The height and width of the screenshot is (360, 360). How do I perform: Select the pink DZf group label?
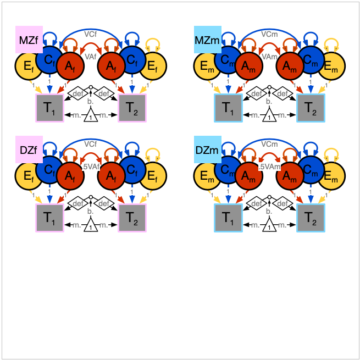pyautogui.click(x=29, y=149)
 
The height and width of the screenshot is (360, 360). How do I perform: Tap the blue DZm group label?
pyautogui.click(x=207, y=149)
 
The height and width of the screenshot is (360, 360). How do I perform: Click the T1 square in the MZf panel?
pyautogui.click(x=49, y=108)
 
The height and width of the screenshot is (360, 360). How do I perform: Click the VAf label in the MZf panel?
pyautogui.click(x=91, y=57)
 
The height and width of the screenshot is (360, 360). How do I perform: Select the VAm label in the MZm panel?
pyautogui.click(x=269, y=57)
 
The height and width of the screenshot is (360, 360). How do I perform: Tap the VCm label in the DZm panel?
pyautogui.click(x=269, y=143)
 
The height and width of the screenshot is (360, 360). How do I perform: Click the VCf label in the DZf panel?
pyautogui.click(x=91, y=143)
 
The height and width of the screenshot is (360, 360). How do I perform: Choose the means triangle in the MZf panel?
pyautogui.click(x=91, y=116)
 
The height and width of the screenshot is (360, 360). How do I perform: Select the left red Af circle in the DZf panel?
pyautogui.click(x=70, y=176)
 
